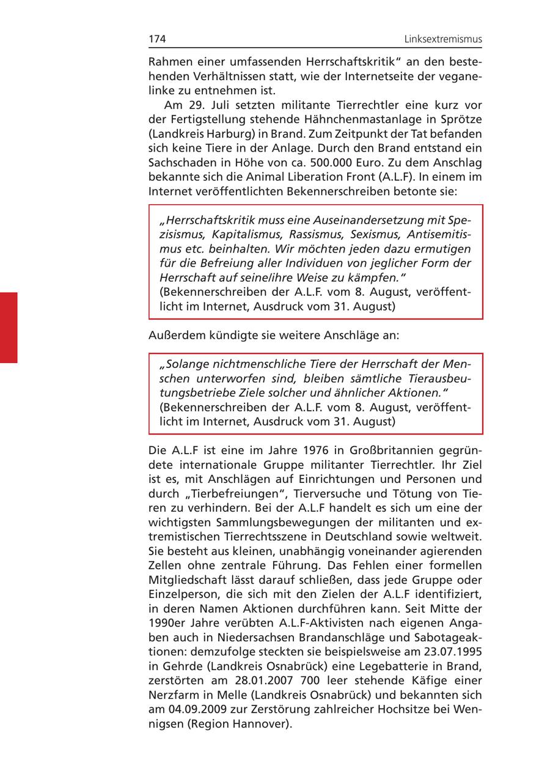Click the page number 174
pyautogui.click(x=157, y=40)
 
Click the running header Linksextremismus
pyautogui.click(x=443, y=40)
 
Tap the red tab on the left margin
pyautogui.click(x=9, y=328)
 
